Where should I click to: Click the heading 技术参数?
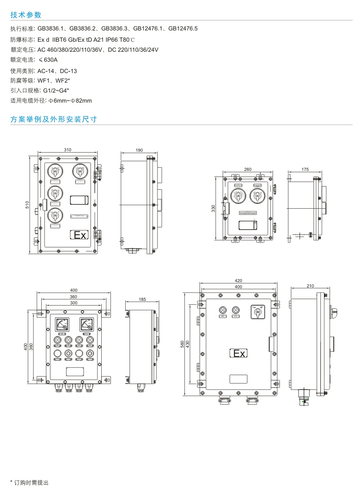tap(26, 15)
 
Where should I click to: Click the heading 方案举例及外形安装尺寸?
tap(53, 119)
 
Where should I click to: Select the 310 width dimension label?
tap(67, 150)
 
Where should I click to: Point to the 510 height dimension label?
tap(27, 205)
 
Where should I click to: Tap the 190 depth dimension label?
tap(139, 150)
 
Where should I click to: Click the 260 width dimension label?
tap(247, 170)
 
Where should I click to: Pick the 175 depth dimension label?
tap(305, 170)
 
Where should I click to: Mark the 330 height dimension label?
tap(213, 208)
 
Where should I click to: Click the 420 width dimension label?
tap(238, 281)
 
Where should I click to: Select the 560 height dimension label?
tap(183, 344)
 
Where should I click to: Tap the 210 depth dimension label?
tap(310, 286)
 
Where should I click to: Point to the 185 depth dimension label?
tap(142, 300)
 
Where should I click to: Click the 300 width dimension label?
tap(73, 303)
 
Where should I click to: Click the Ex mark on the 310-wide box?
tap(80, 235)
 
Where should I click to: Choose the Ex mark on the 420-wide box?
tap(238, 353)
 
